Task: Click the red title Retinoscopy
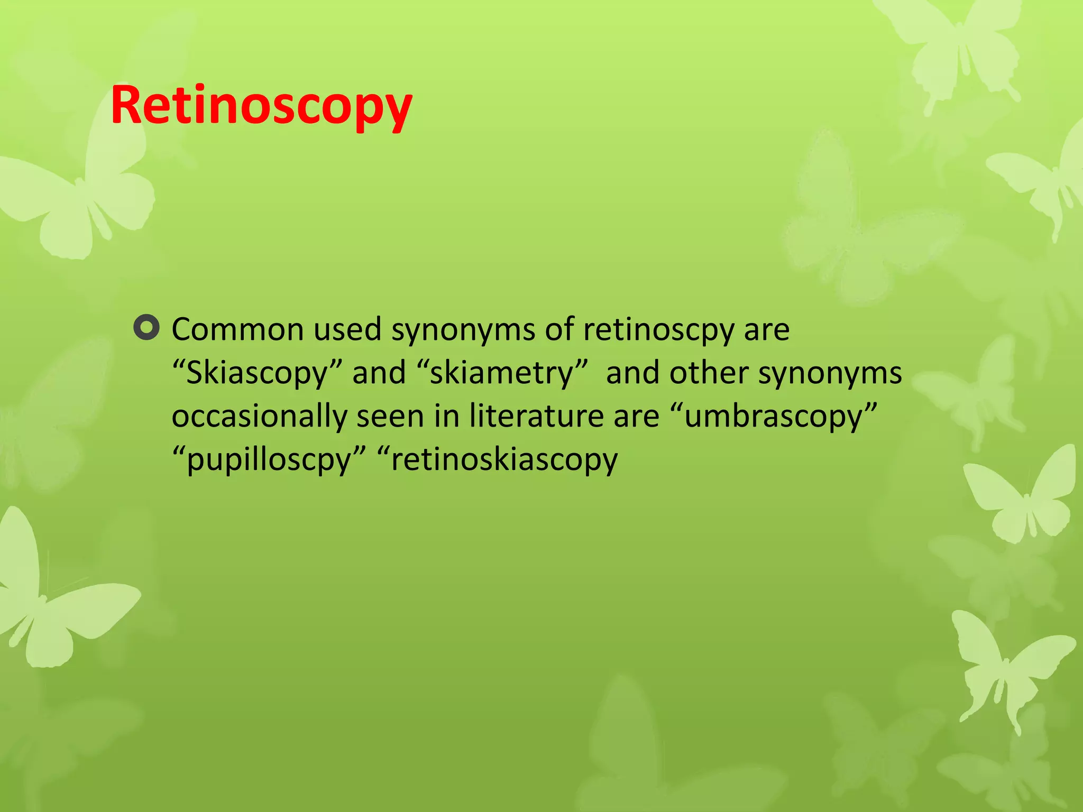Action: [x=261, y=106]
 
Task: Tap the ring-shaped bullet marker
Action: [x=146, y=328]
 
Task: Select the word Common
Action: [x=237, y=329]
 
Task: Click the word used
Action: [x=347, y=329]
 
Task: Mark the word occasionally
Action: [x=259, y=417]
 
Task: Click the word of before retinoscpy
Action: [x=559, y=329]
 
